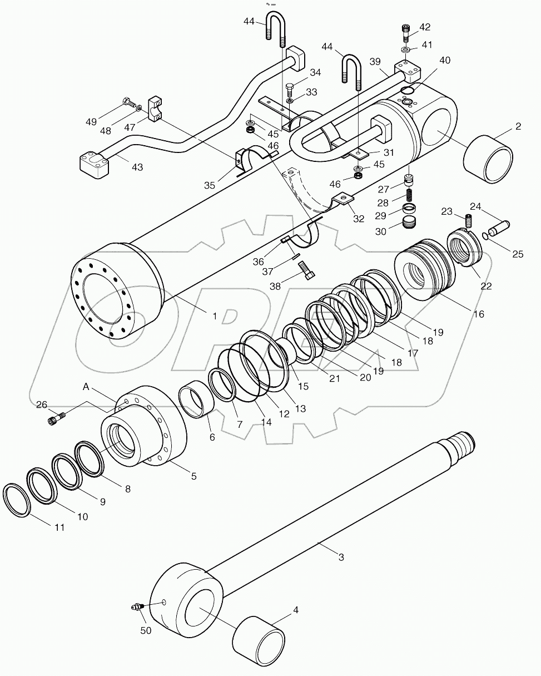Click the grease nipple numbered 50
(x=136, y=606)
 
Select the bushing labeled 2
(x=488, y=159)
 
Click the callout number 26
(x=42, y=404)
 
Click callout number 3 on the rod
(x=341, y=556)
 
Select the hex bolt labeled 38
(x=307, y=272)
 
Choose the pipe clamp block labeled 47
(x=155, y=110)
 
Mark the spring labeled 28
(x=410, y=196)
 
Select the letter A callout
(x=86, y=387)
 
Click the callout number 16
(x=479, y=314)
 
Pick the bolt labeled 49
(x=128, y=102)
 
